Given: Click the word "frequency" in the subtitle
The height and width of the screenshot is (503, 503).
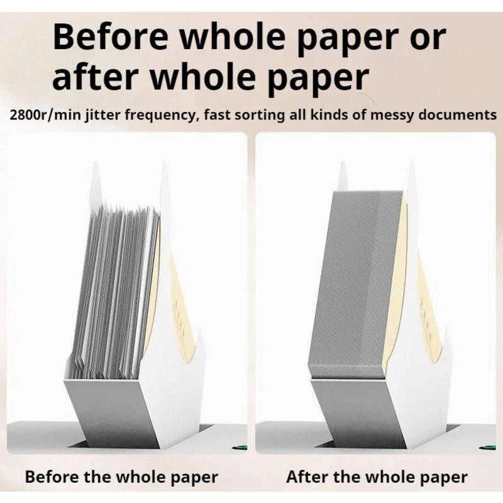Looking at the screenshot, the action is coord(148,116).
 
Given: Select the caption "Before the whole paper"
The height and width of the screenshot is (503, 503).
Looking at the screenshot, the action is coord(121,477).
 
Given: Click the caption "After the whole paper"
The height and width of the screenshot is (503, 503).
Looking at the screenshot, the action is coord(377,477).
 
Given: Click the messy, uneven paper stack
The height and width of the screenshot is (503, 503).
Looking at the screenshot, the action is coord(113,289).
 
